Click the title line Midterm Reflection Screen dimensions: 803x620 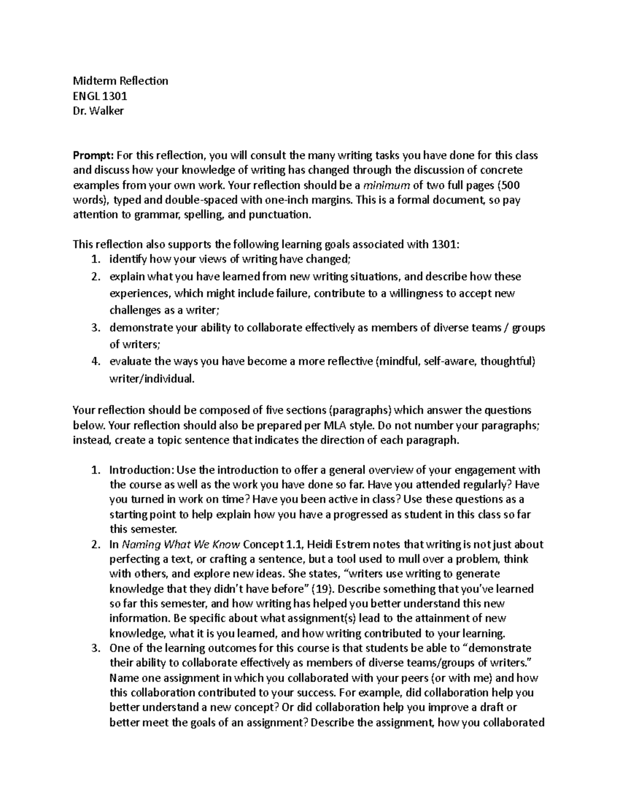[x=120, y=81]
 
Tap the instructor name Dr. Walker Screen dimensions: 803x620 [x=98, y=111]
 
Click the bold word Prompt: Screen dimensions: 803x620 [x=93, y=155]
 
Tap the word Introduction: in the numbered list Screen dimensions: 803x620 [x=142, y=470]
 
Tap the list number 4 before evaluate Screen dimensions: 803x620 [x=95, y=361]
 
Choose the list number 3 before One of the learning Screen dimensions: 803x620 [x=95, y=648]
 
